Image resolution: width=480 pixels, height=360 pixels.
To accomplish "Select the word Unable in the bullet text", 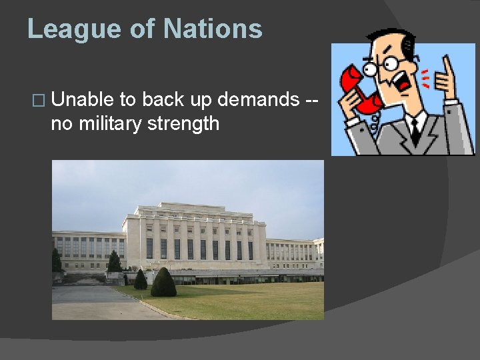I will point(83,100).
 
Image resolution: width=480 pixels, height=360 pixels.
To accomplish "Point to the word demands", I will point(260,100).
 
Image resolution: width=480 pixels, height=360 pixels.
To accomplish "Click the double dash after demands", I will point(311,101).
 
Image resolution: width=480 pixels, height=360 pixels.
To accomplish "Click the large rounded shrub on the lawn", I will point(163,283).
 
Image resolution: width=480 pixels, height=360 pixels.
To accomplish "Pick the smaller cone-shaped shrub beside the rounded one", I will point(141,279).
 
